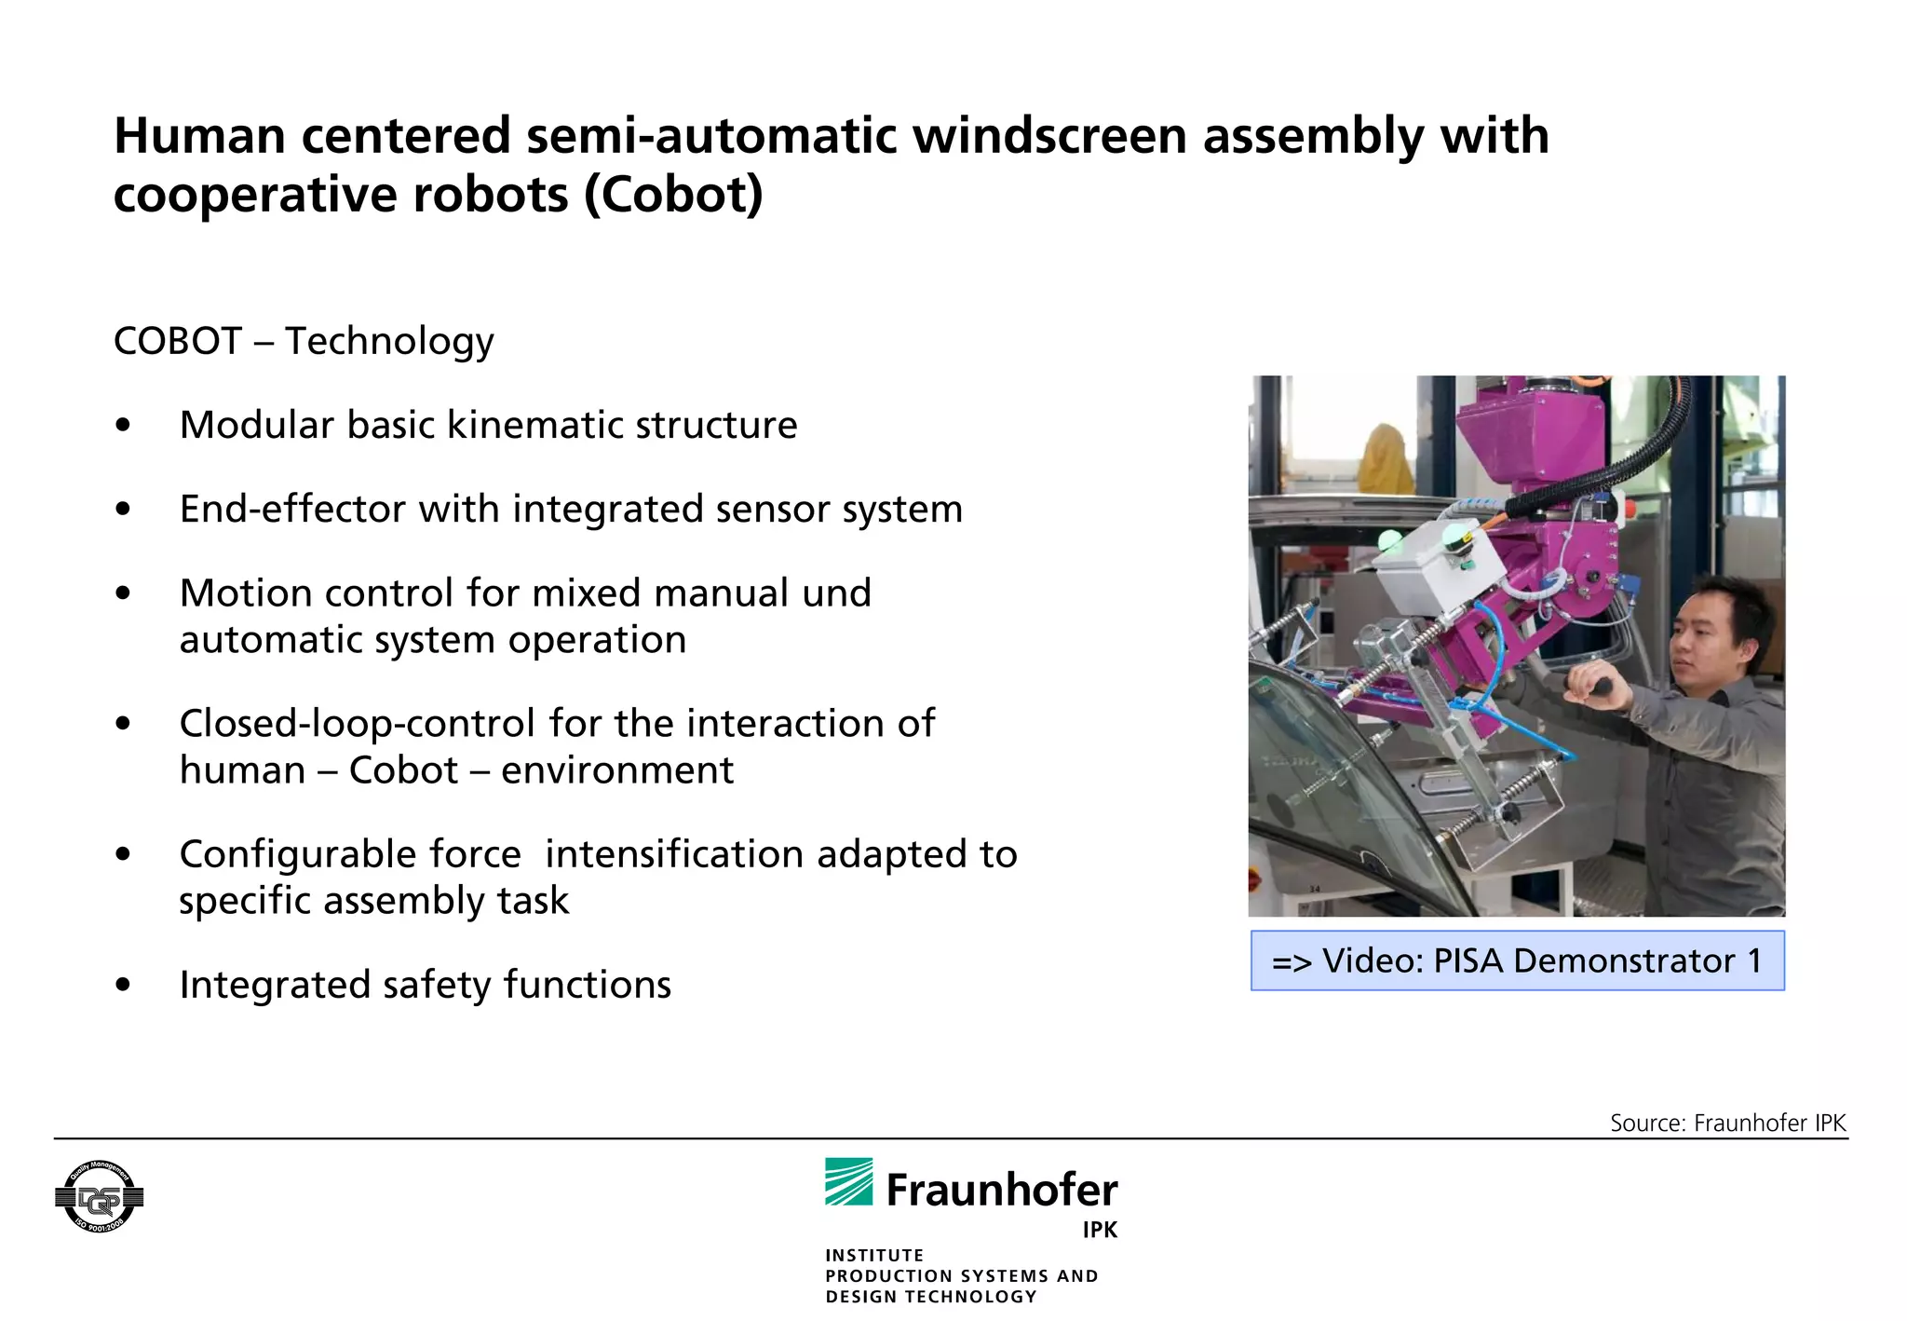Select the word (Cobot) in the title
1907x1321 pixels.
coord(674,196)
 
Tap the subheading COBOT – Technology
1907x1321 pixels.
coord(304,342)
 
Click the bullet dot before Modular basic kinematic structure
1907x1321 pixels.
coord(123,426)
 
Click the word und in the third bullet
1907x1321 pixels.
coord(836,593)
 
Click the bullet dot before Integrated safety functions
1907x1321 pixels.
coord(123,985)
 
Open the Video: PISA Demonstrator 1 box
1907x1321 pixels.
coord(1517,960)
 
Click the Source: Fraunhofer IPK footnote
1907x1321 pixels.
coord(1727,1123)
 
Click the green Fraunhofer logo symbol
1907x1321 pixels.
coord(848,1182)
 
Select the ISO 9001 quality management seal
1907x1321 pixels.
coord(99,1197)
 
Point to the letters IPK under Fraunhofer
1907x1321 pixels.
coord(1099,1230)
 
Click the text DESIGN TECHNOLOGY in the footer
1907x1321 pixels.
coord(930,1297)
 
